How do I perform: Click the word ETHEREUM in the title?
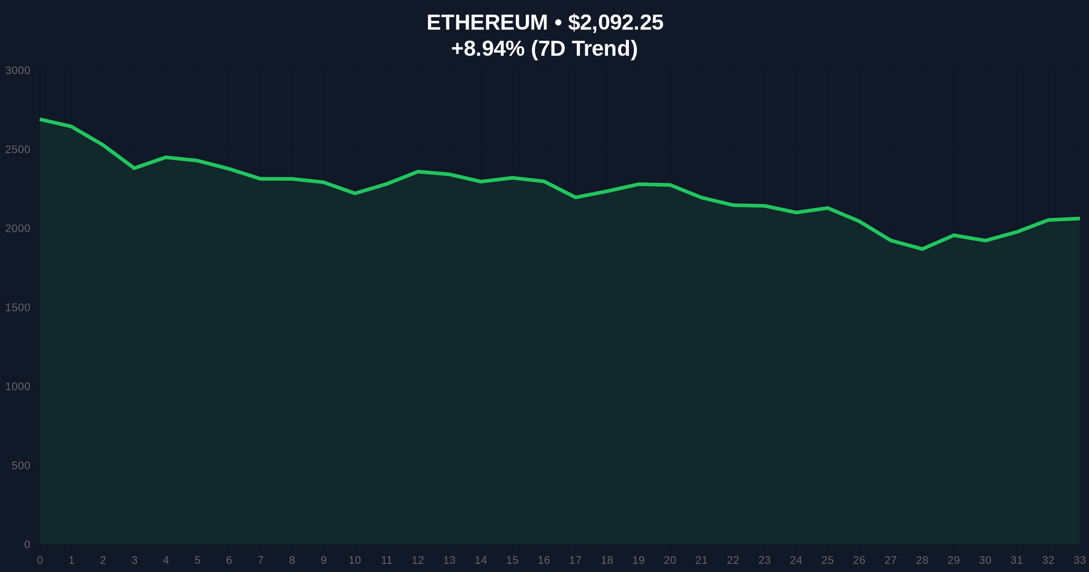(x=487, y=23)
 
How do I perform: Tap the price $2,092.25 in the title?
(x=615, y=23)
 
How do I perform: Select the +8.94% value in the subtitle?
(x=488, y=49)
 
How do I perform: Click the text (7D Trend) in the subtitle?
(x=584, y=49)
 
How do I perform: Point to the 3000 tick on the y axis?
(x=18, y=70)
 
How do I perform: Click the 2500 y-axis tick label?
(x=18, y=149)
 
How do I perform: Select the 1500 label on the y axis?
(x=18, y=307)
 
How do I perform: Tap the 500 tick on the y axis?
(x=21, y=465)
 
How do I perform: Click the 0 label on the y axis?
(x=27, y=544)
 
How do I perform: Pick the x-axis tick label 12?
(x=417, y=560)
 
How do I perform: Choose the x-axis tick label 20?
(x=670, y=560)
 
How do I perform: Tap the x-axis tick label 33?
(x=1079, y=560)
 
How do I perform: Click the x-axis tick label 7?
(x=260, y=560)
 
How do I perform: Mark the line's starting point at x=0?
(x=40, y=119)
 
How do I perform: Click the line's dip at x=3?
(x=134, y=168)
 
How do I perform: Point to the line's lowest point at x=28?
(x=922, y=249)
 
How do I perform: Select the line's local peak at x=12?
(x=418, y=172)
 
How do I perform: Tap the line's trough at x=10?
(x=355, y=193)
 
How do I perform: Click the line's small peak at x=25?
(x=828, y=208)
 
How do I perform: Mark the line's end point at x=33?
(x=1079, y=218)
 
